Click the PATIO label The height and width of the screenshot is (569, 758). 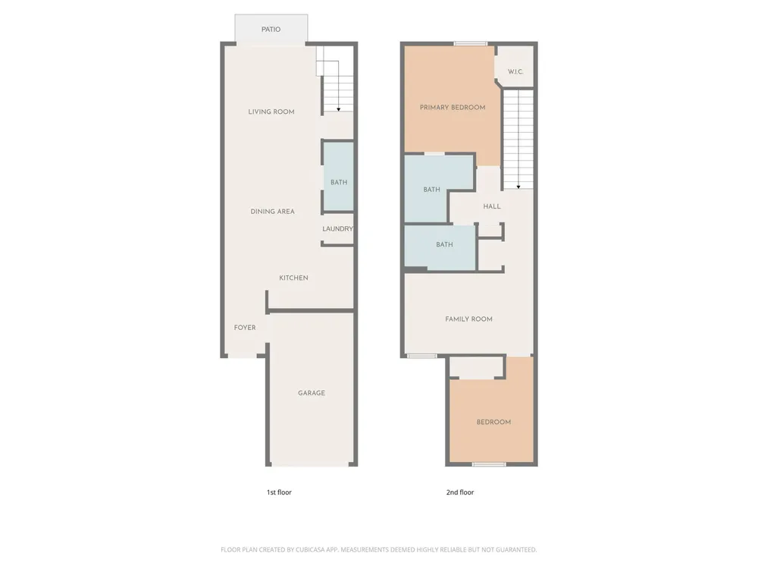(271, 30)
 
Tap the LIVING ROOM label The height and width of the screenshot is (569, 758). (271, 112)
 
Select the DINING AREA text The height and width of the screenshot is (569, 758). (272, 212)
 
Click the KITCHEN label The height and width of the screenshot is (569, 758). (293, 278)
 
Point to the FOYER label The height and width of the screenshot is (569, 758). (245, 328)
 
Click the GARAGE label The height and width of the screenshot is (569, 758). (312, 393)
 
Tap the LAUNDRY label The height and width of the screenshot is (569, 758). (337, 229)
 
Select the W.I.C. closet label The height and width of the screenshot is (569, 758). (515, 71)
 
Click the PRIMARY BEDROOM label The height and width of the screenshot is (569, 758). (453, 108)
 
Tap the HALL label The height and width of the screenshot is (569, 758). (492, 206)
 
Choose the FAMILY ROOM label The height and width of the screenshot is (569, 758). (469, 319)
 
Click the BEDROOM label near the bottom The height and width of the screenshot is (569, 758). (493, 422)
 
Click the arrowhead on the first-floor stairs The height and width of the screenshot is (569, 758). (338, 109)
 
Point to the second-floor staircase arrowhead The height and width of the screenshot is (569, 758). (518, 187)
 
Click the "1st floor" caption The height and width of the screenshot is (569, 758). (279, 492)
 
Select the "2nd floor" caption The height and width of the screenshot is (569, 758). (460, 492)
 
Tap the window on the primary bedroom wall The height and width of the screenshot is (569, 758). (471, 43)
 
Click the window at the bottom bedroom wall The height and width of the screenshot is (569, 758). (489, 464)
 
